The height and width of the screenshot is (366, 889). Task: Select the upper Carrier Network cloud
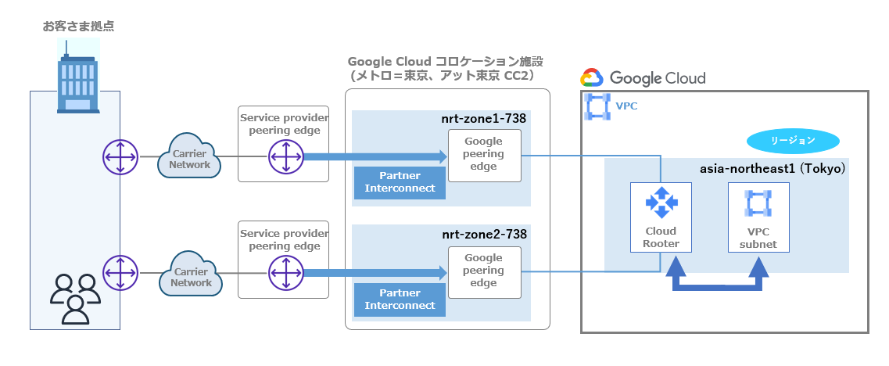tap(189, 159)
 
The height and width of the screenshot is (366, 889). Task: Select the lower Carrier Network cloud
tap(189, 276)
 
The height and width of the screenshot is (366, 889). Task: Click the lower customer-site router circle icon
tap(120, 274)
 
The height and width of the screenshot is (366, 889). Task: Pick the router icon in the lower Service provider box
tap(285, 274)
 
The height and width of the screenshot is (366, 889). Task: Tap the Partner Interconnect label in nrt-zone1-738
tap(400, 182)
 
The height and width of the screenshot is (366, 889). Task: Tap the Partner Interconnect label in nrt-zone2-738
tap(400, 300)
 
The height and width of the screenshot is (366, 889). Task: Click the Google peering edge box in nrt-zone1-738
tap(483, 154)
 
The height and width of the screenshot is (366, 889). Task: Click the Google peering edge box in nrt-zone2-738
tap(483, 271)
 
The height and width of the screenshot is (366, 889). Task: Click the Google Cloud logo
tap(643, 78)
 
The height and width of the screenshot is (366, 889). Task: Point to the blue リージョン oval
tap(793, 141)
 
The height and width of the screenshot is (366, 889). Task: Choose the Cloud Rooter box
tap(661, 217)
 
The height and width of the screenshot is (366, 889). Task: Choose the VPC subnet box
tap(758, 217)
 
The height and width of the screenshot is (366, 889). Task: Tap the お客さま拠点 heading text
tap(78, 27)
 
